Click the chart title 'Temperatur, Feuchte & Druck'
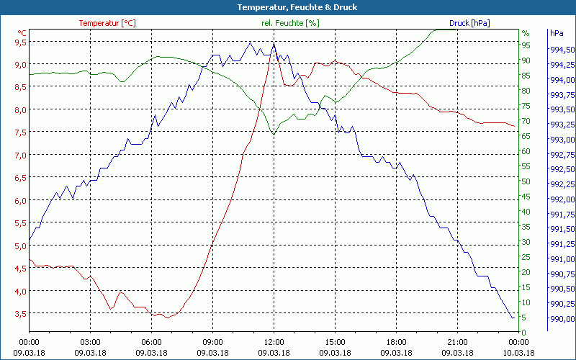click(x=287, y=7)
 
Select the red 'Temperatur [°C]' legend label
click(x=107, y=23)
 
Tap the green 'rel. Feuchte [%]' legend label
click(x=290, y=23)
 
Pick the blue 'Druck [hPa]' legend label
click(x=469, y=23)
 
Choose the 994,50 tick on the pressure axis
click(x=562, y=50)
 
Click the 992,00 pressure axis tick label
click(x=562, y=199)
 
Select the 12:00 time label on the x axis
click(x=274, y=342)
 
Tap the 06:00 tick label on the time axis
click(x=151, y=342)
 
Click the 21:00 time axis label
click(x=457, y=342)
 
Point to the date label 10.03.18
click(x=518, y=353)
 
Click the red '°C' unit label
click(x=22, y=33)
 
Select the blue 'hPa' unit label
click(x=556, y=33)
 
